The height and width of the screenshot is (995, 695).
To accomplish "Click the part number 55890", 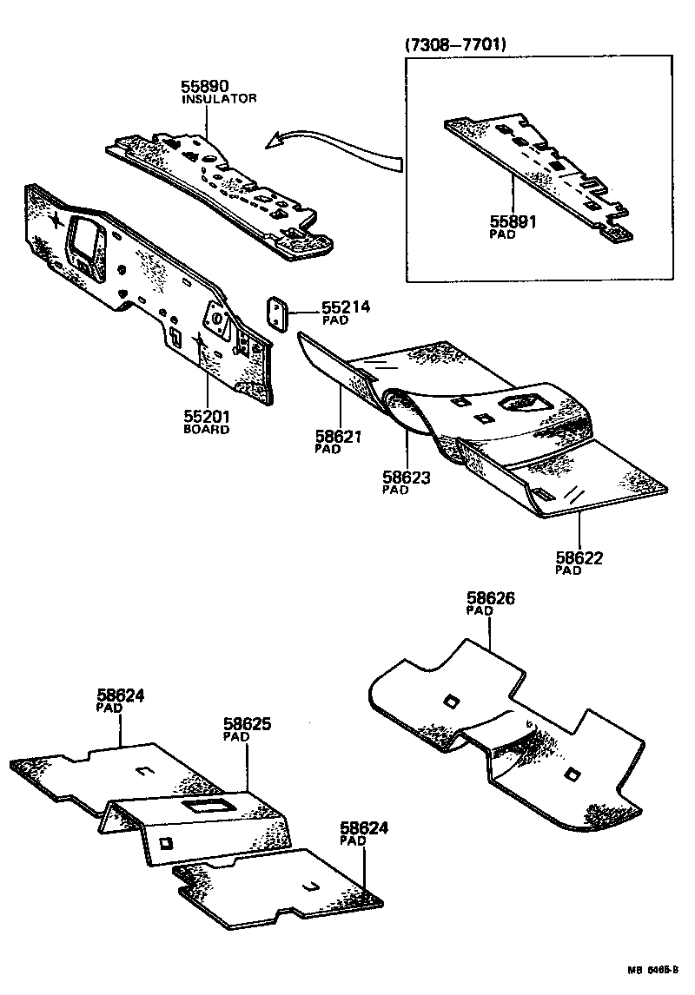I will tap(205, 86).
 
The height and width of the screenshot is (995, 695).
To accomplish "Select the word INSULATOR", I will tap(219, 99).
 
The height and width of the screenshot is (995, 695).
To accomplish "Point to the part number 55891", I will tap(513, 222).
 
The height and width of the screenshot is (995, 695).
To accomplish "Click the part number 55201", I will tap(206, 417).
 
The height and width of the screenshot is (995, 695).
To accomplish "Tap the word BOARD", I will tap(206, 430).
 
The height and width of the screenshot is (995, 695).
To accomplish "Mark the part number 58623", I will tap(407, 477).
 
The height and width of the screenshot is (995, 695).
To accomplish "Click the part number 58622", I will tap(579, 557).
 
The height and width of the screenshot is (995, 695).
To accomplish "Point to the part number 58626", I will tap(490, 598).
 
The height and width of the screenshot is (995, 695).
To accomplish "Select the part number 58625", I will tap(248, 723).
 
